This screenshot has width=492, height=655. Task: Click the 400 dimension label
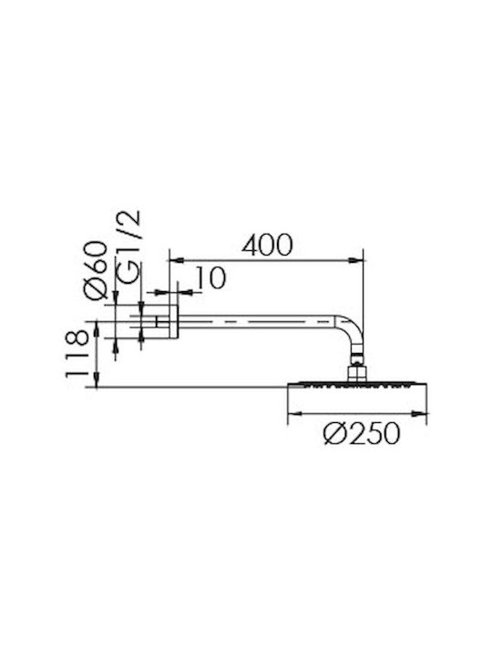tap(267, 245)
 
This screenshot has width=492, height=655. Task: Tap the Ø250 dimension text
tap(362, 433)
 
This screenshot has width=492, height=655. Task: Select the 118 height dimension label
tap(77, 354)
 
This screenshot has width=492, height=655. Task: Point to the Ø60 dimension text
tap(96, 270)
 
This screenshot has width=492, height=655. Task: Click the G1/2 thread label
tap(129, 248)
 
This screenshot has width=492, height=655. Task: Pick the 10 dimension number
tap(210, 277)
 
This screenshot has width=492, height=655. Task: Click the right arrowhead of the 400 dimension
tap(356, 261)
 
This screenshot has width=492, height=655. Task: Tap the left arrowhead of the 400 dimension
tap(176, 261)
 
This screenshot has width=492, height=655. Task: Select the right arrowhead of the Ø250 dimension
tap(419, 414)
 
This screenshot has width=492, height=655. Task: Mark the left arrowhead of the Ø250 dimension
tap(295, 414)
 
